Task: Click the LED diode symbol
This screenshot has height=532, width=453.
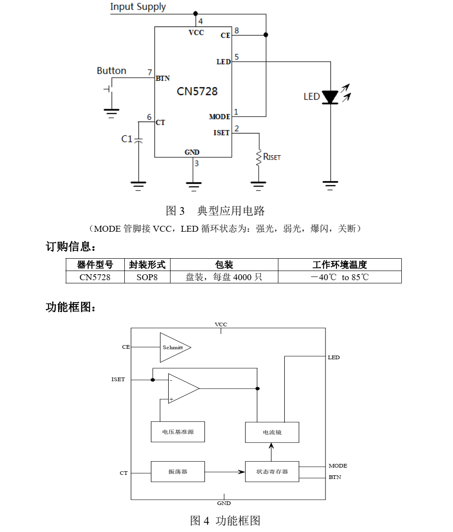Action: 330,97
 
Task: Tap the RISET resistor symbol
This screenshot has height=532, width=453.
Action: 259,157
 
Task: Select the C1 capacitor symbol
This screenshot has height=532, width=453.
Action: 139,139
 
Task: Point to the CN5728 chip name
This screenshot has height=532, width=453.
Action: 197,91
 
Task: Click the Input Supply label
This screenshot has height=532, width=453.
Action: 138,7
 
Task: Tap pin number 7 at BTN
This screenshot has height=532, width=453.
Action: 149,73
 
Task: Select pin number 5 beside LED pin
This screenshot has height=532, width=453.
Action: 236,57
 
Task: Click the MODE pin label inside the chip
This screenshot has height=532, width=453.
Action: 219,117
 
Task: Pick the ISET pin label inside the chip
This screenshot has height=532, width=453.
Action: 221,133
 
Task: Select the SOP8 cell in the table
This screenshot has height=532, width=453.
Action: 147,277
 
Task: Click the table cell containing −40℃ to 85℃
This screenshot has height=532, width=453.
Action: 339,277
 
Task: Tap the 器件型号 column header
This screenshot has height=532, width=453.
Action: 95,265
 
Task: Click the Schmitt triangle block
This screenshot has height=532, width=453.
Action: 174,347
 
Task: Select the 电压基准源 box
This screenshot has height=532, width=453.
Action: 177,432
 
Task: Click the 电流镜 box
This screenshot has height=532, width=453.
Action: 272,432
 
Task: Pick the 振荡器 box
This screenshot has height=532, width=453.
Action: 177,472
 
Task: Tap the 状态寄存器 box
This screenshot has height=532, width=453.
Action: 272,472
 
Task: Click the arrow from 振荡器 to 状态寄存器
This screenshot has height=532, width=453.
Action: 224,472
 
